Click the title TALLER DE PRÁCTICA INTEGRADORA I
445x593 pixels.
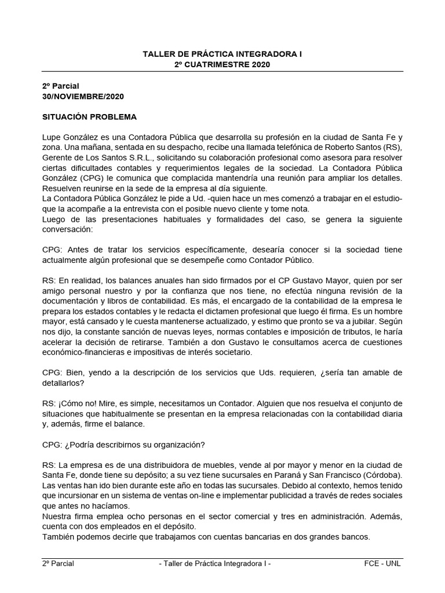[222, 53]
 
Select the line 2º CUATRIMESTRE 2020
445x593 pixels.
[222, 64]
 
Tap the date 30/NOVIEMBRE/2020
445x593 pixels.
[83, 96]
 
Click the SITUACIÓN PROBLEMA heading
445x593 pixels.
[89, 117]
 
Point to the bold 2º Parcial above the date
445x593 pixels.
[60, 86]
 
